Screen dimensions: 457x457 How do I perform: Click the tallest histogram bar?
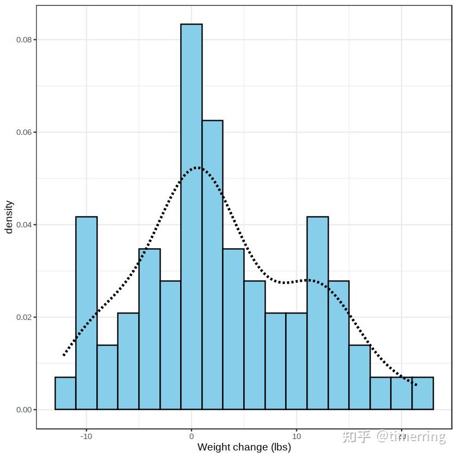point(192,218)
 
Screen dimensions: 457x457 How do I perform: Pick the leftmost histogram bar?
point(65,393)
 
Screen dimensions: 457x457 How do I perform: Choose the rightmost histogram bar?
point(423,393)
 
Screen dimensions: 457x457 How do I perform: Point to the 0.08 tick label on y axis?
point(22,40)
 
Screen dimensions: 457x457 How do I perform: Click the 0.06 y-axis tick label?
point(22,132)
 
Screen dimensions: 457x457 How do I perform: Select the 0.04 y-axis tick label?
point(22,225)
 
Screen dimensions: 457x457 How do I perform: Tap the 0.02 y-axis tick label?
point(22,317)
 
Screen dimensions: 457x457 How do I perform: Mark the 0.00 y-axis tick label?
point(22,410)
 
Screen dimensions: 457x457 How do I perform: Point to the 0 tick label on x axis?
point(192,436)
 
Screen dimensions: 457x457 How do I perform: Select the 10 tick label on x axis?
point(297,436)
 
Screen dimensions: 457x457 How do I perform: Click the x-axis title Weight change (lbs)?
point(244,448)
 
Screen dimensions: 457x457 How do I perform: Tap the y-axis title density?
point(9,217)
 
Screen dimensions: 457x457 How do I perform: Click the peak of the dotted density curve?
point(197,167)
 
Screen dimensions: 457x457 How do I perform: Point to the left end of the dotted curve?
point(64,355)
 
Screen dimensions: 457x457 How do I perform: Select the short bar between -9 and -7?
point(107,377)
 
